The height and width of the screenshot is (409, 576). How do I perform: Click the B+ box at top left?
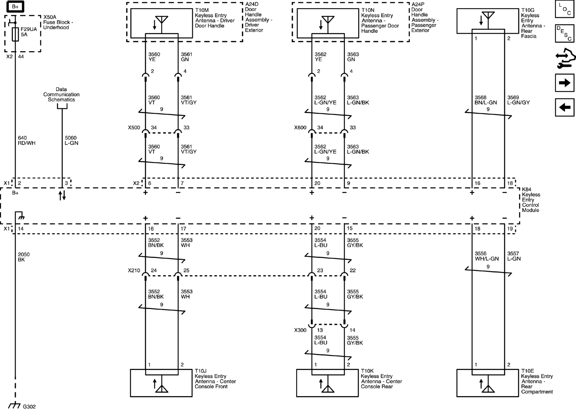coord(15,7)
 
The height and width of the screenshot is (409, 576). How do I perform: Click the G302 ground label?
coord(29,406)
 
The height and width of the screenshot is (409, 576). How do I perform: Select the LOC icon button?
coord(564,9)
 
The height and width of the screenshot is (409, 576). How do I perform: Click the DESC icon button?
coord(564,33)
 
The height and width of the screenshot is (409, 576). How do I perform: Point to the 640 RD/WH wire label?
coord(27,140)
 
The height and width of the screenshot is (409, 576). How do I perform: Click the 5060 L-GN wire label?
coord(71,140)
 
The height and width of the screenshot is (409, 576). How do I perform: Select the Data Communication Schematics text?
coord(61,94)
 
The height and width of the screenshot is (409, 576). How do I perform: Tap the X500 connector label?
coord(134,128)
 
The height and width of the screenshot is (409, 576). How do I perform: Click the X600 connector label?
coord(300,128)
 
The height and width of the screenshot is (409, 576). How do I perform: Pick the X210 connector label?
coord(134,270)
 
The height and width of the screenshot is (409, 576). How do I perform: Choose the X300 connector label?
coord(300,330)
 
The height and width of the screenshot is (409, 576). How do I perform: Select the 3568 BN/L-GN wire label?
coord(485,100)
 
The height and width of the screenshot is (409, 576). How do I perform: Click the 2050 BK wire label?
coord(24,257)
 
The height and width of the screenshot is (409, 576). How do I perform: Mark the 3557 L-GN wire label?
coord(514,256)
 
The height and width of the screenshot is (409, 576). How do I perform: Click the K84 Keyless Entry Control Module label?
coord(531,200)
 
